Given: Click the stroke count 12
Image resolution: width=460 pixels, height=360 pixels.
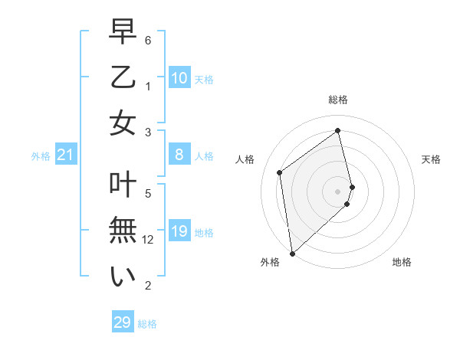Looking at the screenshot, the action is point(149,240).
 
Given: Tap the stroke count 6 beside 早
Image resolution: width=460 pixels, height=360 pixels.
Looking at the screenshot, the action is point(148,40).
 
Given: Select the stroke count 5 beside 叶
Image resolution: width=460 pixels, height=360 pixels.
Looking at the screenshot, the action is point(148,194).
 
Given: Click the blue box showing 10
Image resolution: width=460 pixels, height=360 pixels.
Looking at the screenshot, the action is point(179,78).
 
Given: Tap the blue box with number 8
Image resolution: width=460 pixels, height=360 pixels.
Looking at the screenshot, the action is point(179,155).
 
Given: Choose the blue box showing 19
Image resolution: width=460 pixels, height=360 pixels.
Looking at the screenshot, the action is point(179,232).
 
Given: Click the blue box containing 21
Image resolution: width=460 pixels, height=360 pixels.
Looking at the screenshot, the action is point(66,155).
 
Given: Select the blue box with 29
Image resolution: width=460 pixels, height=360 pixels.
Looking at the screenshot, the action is point(122,322).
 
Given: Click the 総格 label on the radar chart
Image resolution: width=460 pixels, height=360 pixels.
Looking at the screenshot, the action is point(338,100).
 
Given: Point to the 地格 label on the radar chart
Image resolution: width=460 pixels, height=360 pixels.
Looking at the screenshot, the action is point(402,262).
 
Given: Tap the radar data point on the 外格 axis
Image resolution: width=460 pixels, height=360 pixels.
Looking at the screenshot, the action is point(292,253).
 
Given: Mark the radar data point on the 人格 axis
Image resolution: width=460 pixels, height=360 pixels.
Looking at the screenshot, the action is point(280,172).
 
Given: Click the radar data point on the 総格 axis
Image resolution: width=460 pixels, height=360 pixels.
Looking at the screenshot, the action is point(338,131).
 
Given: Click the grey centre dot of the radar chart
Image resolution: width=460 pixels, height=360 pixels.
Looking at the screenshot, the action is point(338,191).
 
